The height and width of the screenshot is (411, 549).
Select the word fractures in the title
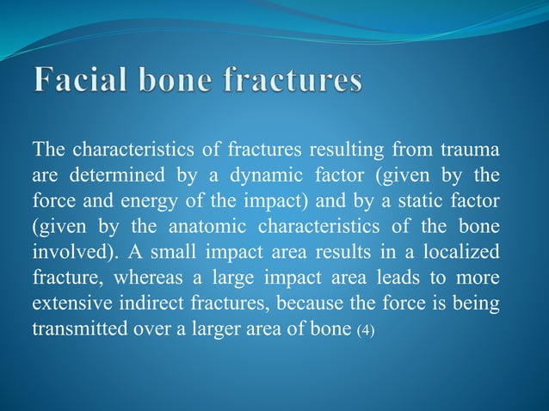click(294, 83)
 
